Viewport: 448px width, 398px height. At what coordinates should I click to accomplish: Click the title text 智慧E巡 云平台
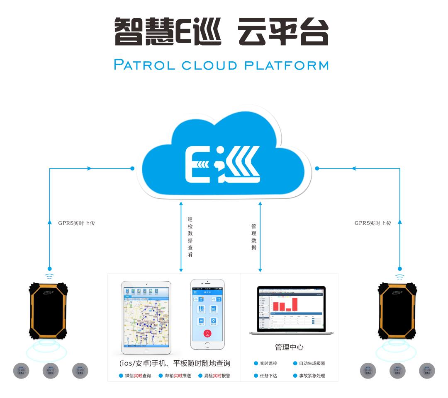tap(221, 32)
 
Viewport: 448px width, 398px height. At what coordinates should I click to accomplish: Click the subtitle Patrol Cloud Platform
tap(221, 65)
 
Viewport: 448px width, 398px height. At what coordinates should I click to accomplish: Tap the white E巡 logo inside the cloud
tap(222, 164)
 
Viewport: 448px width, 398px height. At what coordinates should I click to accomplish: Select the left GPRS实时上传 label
tap(76, 223)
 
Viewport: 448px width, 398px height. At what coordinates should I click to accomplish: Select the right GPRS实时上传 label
tap(373, 223)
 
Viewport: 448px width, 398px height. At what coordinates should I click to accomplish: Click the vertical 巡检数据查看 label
tap(190, 236)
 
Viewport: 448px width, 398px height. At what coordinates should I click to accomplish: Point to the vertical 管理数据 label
tap(254, 237)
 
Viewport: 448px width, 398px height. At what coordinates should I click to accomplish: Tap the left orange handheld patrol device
tap(49, 310)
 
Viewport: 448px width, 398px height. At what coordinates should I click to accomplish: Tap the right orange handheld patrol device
tap(397, 310)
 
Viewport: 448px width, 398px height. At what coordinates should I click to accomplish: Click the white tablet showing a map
tap(146, 317)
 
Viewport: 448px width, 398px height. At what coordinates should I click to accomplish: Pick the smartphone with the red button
tap(207, 314)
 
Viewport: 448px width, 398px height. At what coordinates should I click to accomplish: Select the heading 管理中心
tap(289, 347)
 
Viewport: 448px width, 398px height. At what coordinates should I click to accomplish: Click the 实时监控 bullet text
tap(268, 364)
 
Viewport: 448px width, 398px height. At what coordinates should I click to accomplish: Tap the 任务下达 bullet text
tap(268, 376)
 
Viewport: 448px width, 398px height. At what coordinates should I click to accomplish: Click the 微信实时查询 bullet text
tap(138, 376)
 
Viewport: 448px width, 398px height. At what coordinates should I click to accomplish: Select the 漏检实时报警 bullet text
tap(217, 376)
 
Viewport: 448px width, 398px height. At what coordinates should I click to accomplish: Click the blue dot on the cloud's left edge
tap(132, 169)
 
